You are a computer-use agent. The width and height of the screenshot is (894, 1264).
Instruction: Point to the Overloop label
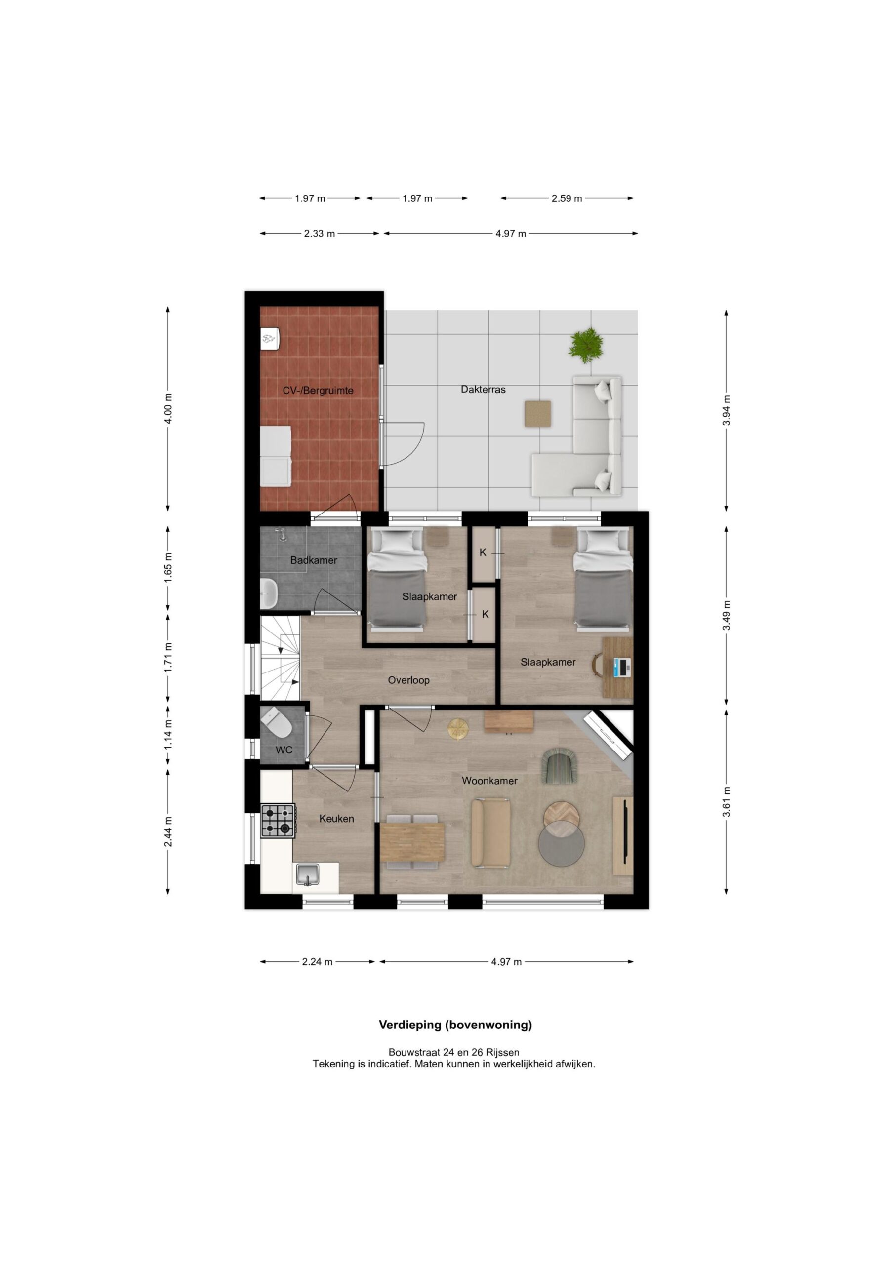coord(408,680)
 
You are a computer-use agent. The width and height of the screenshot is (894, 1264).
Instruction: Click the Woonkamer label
coord(489,781)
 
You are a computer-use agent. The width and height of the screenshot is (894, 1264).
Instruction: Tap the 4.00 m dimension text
coord(168,408)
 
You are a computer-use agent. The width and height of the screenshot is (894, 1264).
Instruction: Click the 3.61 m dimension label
coord(727,802)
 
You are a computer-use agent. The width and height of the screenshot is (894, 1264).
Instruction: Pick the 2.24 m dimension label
coord(317,962)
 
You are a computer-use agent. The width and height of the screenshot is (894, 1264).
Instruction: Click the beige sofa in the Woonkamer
coord(490,834)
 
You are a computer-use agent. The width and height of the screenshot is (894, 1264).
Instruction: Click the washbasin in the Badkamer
coord(269,593)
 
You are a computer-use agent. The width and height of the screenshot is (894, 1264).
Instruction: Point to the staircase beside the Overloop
coord(281,658)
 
